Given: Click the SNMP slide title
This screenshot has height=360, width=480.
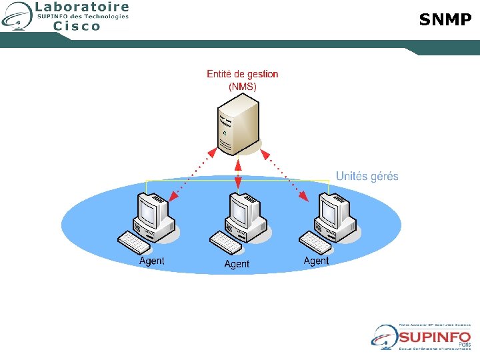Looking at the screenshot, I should (x=445, y=20).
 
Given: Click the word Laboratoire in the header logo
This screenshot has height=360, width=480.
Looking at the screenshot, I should (x=82, y=7).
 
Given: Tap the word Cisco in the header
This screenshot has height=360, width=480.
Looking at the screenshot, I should (x=77, y=26).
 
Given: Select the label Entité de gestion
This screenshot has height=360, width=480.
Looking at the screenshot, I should (x=242, y=74).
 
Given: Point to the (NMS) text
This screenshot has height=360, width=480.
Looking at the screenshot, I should (x=242, y=87).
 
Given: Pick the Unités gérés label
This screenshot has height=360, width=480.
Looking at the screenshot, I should (x=367, y=176).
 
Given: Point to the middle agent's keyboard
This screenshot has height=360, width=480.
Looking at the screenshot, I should (x=227, y=244).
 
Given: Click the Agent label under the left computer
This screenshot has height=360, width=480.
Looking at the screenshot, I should (x=151, y=261).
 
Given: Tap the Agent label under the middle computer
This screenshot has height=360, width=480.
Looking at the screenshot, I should (x=237, y=264).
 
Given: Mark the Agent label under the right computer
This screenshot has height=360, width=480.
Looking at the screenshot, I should (x=316, y=261).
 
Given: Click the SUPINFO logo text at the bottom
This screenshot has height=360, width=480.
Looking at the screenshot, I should (x=435, y=337).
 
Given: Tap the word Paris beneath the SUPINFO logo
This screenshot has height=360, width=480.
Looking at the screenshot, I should (x=465, y=344).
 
